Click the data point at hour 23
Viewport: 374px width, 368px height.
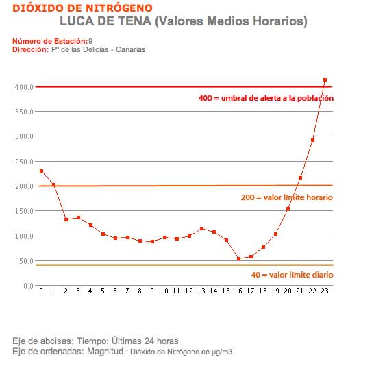tap(325, 80)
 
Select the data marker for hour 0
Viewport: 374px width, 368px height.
tap(41, 171)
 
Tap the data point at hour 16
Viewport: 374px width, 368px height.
tap(238, 259)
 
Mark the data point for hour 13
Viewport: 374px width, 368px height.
tap(202, 228)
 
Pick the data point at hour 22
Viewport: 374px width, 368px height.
tap(313, 140)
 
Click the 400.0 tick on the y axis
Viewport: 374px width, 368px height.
tap(24, 87)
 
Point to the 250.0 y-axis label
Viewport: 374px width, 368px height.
tap(24, 162)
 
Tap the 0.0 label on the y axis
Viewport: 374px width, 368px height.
tap(28, 286)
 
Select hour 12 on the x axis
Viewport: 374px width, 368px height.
tap(189, 291)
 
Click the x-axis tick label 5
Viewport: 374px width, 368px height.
tap(103, 291)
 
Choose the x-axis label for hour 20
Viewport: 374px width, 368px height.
tap(288, 291)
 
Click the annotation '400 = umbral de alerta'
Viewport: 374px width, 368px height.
tap(266, 98)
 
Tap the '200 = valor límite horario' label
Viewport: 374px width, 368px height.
tap(287, 197)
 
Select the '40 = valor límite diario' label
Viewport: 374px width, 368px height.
tap(292, 275)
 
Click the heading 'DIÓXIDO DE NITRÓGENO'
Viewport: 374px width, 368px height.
tap(82, 8)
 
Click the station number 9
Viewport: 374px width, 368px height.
tap(90, 41)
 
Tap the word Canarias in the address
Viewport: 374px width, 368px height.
tap(130, 49)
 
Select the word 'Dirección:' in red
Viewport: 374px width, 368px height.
tap(31, 49)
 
